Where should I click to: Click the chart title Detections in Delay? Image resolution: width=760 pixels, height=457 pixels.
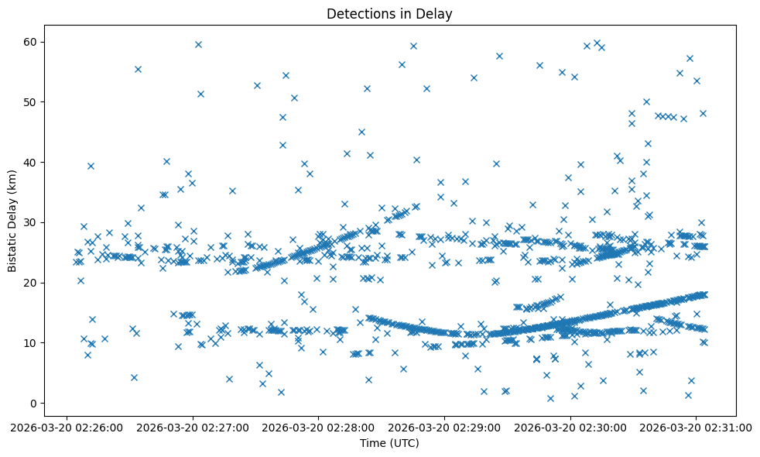tap(389, 13)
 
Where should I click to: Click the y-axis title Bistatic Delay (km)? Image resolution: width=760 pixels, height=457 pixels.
tap(12, 215)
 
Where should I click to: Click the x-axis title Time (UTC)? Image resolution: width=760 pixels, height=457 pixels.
tap(389, 443)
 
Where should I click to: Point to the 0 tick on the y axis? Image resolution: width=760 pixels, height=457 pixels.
tap(34, 403)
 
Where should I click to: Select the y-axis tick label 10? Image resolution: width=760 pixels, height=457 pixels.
tap(31, 343)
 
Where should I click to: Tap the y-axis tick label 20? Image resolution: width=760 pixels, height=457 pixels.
tap(31, 283)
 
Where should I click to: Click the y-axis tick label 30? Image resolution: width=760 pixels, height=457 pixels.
tap(31, 222)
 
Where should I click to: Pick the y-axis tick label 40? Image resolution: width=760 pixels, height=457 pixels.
tap(31, 162)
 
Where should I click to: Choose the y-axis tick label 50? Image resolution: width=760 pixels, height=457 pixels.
tap(31, 101)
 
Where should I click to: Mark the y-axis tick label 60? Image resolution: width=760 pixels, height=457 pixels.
tap(31, 42)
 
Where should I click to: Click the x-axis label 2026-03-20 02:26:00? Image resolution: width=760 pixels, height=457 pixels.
tap(67, 427)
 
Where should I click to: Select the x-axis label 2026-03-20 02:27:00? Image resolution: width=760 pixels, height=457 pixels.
tap(193, 427)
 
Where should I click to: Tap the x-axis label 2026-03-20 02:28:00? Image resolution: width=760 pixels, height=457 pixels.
tap(319, 427)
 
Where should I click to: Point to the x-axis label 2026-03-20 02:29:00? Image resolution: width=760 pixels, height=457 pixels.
tap(445, 427)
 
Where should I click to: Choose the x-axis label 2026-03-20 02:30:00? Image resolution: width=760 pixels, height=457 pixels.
tap(571, 427)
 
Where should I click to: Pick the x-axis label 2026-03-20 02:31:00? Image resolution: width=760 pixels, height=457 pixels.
tap(697, 427)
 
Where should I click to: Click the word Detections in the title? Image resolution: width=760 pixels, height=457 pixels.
tap(359, 13)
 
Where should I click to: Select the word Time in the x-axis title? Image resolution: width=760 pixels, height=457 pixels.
tap(372, 443)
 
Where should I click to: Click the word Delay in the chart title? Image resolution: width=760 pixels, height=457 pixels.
tap(436, 13)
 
